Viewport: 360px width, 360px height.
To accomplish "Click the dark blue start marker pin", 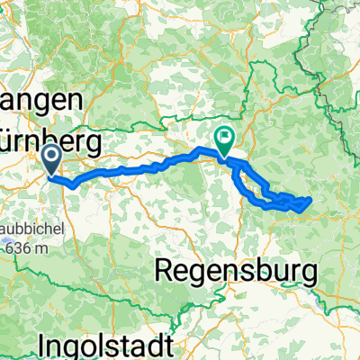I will coord(52,160).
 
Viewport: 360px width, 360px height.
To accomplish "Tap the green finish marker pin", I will coord(222,138).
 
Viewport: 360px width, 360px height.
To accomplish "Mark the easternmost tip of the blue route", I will coord(311,199).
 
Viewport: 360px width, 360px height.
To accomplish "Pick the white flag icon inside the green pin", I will coord(222,137).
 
